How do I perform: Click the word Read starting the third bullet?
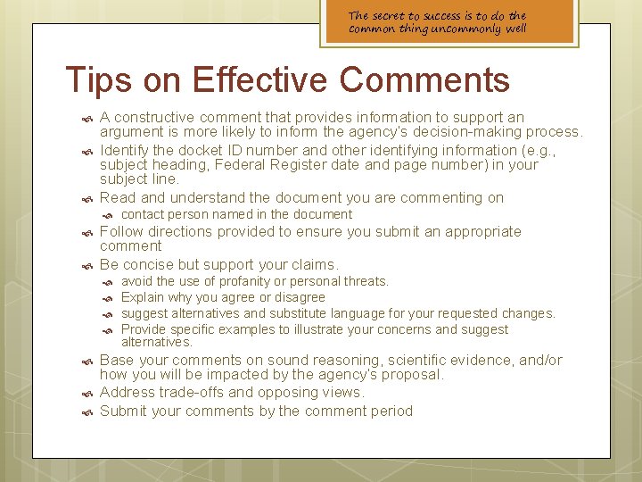tap(118, 197)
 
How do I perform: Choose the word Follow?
tap(121, 231)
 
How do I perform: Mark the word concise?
tap(153, 264)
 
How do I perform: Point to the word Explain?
tap(144, 297)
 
